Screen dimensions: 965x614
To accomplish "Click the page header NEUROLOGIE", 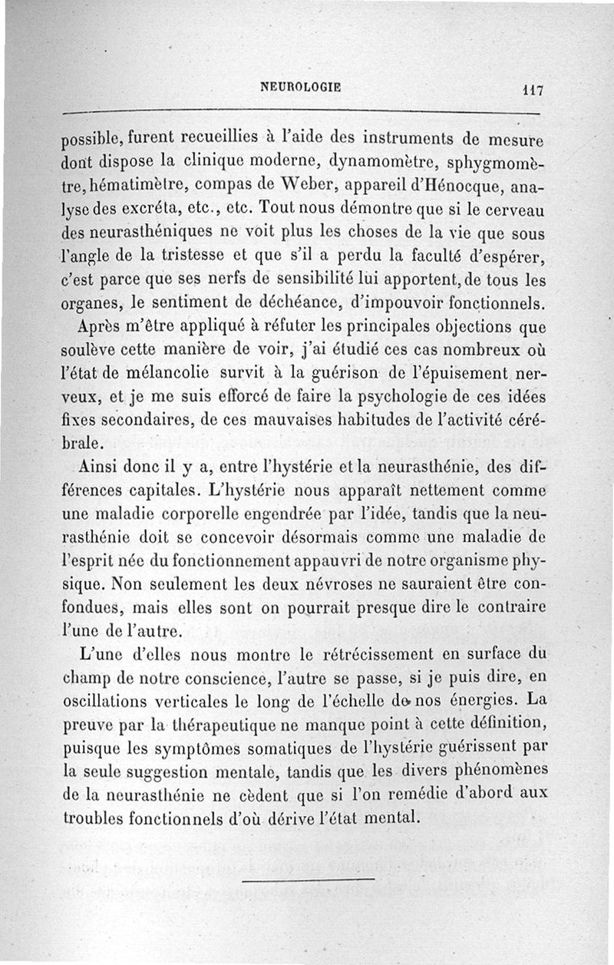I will (301, 88).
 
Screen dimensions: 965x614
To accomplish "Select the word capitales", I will (165, 489).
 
